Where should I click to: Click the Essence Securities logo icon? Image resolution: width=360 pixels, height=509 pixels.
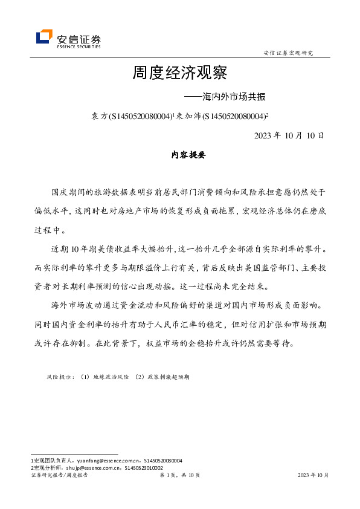(x=43, y=37)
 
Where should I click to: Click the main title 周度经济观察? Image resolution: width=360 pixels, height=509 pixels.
(x=179, y=74)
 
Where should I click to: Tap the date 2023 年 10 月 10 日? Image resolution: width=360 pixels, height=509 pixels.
(x=289, y=135)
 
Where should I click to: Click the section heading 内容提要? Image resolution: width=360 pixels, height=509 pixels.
(x=180, y=155)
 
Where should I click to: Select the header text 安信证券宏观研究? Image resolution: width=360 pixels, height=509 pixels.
(x=289, y=53)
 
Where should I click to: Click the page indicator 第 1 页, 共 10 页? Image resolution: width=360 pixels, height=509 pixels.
(x=179, y=475)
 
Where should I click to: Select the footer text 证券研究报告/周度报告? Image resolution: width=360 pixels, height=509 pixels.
(x=59, y=475)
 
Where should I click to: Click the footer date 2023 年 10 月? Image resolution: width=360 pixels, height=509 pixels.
(x=313, y=475)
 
